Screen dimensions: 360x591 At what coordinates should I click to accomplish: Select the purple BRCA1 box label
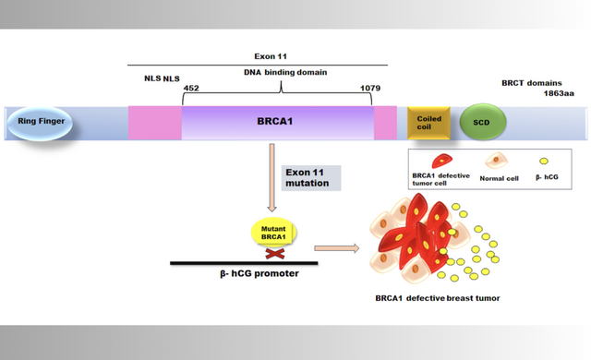(x=278, y=121)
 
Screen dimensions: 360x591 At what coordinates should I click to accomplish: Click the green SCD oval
(x=481, y=122)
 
